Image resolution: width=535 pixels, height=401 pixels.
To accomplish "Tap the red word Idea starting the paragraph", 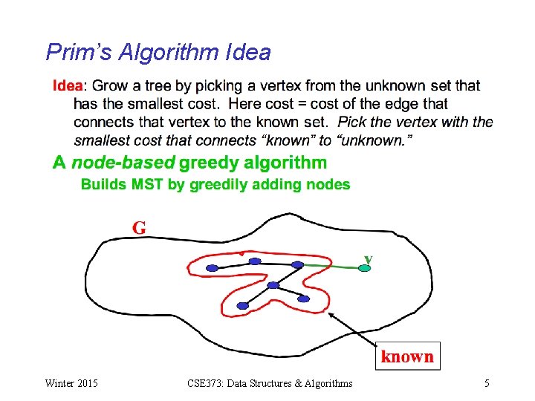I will [68, 86].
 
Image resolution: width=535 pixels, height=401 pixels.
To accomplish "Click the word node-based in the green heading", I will [123, 163].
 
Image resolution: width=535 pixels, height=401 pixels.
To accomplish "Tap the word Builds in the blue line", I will [103, 184].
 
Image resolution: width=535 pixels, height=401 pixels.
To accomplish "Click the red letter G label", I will [139, 227].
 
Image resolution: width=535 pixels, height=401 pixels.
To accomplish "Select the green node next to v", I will [363, 267].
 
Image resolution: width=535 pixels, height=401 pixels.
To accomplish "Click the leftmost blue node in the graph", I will [212, 267].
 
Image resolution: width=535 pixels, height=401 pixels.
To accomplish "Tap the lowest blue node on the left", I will [243, 304].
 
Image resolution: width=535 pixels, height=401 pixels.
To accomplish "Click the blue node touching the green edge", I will [298, 264].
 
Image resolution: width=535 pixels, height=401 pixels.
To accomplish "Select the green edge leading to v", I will [331, 265].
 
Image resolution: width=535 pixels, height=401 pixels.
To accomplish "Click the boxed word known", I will [407, 356].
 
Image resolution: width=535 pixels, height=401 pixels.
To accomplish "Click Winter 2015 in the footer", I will [71, 383].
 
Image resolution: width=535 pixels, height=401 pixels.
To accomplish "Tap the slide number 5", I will [487, 383].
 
